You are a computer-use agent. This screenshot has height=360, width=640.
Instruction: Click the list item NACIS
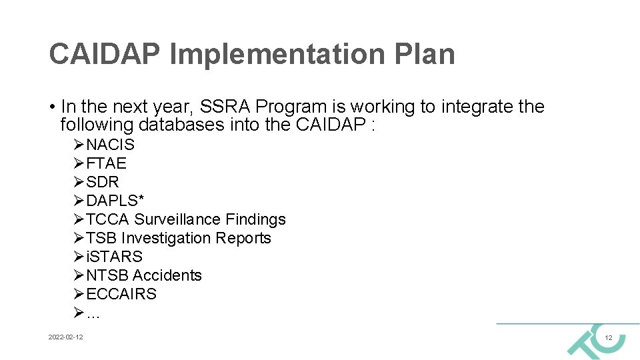coord(110,145)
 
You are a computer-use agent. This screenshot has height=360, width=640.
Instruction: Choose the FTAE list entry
coord(106,163)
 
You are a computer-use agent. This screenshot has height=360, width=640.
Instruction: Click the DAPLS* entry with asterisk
coord(115,201)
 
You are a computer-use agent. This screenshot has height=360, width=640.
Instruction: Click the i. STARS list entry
coord(114,257)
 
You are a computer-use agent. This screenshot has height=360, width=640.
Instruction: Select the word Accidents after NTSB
coord(167,275)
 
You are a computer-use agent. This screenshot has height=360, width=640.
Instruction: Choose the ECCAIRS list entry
coord(121,294)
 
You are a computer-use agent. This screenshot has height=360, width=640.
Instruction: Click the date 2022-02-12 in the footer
coord(66,338)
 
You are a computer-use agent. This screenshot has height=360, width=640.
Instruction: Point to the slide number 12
coord(608,339)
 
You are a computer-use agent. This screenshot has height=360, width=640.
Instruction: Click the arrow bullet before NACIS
coord(79,145)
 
